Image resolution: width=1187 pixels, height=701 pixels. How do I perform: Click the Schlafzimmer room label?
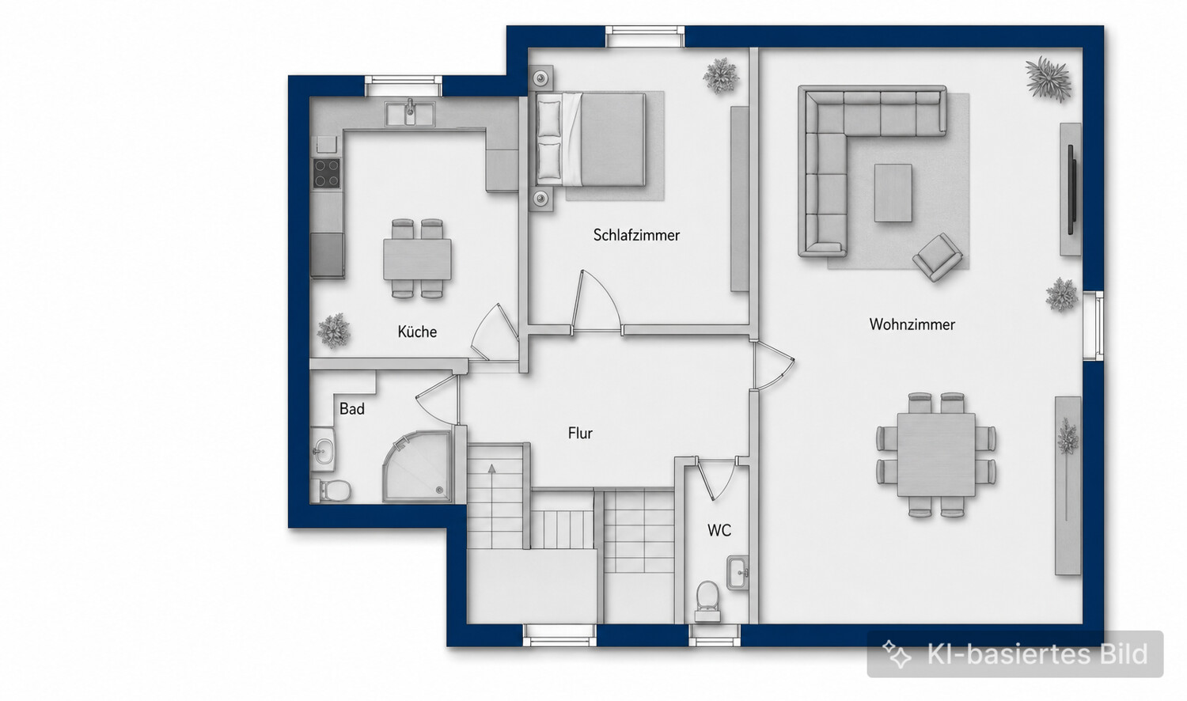tap(636, 235)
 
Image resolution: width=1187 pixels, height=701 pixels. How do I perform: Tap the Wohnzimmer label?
tap(912, 324)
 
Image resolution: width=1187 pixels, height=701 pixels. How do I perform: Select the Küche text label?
tap(417, 332)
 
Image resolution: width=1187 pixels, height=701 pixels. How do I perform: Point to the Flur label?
tap(580, 434)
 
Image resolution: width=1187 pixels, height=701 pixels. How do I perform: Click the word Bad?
tap(352, 409)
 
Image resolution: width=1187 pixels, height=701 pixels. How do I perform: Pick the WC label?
tap(719, 530)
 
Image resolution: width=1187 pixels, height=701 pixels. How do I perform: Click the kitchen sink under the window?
tap(410, 114)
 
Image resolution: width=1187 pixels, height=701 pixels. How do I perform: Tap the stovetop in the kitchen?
tap(326, 173)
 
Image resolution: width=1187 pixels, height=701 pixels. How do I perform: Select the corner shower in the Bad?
tap(418, 466)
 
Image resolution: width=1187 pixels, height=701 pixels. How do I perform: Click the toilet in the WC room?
tap(707, 601)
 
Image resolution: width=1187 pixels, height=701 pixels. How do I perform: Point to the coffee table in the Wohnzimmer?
tap(893, 192)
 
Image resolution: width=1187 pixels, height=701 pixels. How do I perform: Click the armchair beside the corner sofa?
tap(937, 257)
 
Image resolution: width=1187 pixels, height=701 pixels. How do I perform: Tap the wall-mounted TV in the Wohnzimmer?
tap(1071, 189)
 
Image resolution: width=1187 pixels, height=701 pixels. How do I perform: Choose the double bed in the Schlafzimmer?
tap(592, 139)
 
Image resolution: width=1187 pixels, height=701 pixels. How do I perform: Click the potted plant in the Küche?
tap(334, 331)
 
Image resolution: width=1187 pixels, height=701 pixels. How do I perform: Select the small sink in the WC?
tap(738, 573)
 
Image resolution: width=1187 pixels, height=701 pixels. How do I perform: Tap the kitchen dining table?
tap(418, 259)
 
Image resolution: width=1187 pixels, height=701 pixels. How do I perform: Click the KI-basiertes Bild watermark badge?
tap(1014, 654)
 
